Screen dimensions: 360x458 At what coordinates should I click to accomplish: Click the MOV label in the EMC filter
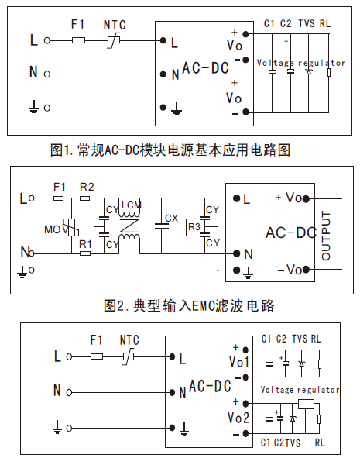56,229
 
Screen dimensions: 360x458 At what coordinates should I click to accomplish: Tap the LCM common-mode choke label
132,205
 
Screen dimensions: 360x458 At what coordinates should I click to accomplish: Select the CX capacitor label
171,219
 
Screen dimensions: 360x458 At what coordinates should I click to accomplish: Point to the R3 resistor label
194,226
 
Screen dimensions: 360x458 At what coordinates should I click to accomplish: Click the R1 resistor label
85,244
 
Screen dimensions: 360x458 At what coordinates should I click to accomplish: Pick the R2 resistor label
87,187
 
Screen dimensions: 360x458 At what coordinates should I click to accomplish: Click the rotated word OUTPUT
326,236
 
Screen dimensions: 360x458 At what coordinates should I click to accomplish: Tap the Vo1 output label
238,362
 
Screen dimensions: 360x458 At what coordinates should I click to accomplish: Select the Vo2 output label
238,418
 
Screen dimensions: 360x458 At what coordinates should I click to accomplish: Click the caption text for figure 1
170,150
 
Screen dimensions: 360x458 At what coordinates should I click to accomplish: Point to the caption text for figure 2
189,306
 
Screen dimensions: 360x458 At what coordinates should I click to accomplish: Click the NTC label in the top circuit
115,25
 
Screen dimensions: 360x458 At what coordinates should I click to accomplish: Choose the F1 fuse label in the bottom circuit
96,340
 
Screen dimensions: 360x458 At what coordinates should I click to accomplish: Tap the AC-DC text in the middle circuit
291,233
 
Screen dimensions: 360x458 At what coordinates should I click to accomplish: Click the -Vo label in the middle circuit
290,270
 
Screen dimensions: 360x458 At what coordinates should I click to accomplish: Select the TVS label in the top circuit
307,23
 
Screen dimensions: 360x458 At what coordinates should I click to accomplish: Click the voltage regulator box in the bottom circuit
306,404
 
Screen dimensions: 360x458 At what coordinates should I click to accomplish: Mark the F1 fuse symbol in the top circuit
78,40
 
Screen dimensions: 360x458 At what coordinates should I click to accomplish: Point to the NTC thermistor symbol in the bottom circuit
129,356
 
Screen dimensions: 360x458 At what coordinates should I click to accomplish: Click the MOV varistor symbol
72,227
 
